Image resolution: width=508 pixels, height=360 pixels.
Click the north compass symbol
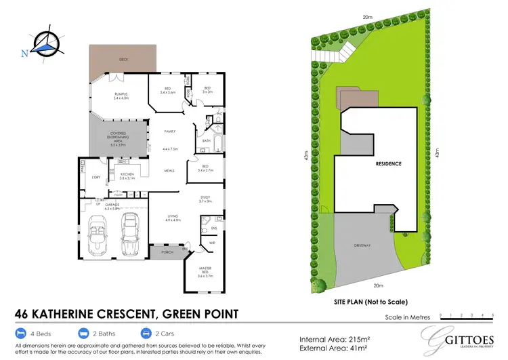(43, 45)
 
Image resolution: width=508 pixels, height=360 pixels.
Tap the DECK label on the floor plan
(123, 60)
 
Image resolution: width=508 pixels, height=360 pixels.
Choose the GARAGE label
(112, 205)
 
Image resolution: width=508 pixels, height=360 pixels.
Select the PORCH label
(165, 254)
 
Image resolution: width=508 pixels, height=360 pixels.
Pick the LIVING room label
(175, 218)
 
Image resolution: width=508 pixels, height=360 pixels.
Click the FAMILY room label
(170, 132)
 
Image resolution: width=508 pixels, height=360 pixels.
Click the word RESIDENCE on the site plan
(389, 163)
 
